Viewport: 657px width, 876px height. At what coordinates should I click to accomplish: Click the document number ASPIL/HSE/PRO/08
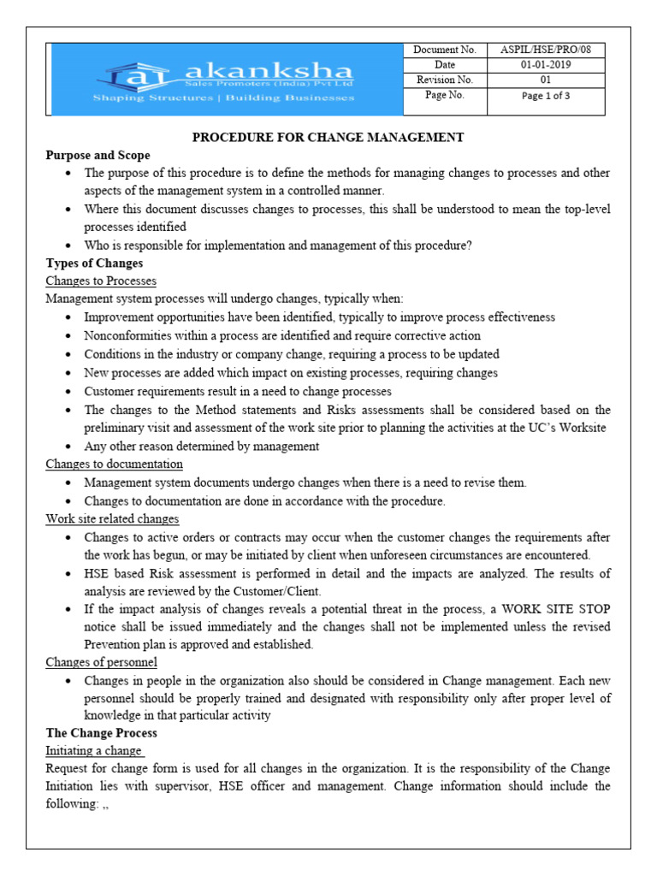tap(546, 50)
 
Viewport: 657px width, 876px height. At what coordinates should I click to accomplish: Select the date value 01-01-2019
tap(546, 65)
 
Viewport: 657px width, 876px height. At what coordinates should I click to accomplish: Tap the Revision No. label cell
tap(444, 80)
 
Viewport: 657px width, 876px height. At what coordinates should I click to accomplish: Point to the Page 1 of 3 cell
tap(546, 96)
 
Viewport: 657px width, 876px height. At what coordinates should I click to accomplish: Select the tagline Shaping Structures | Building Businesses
tap(223, 98)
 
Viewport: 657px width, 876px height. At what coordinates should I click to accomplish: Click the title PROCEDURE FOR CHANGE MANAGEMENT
tap(328, 137)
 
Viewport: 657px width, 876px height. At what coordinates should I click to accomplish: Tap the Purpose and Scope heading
tap(98, 155)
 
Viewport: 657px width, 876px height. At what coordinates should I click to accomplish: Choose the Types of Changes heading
tap(94, 263)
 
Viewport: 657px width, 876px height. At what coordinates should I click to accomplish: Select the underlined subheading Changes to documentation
tap(114, 465)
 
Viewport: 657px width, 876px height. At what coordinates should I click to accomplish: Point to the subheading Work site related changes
tap(112, 519)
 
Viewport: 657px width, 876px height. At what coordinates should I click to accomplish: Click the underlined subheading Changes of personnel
tap(101, 662)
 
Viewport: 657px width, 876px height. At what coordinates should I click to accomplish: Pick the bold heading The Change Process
tap(101, 733)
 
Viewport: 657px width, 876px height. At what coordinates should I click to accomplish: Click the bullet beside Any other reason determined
tap(68, 447)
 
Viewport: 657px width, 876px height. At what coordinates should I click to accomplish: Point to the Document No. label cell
tap(444, 50)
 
